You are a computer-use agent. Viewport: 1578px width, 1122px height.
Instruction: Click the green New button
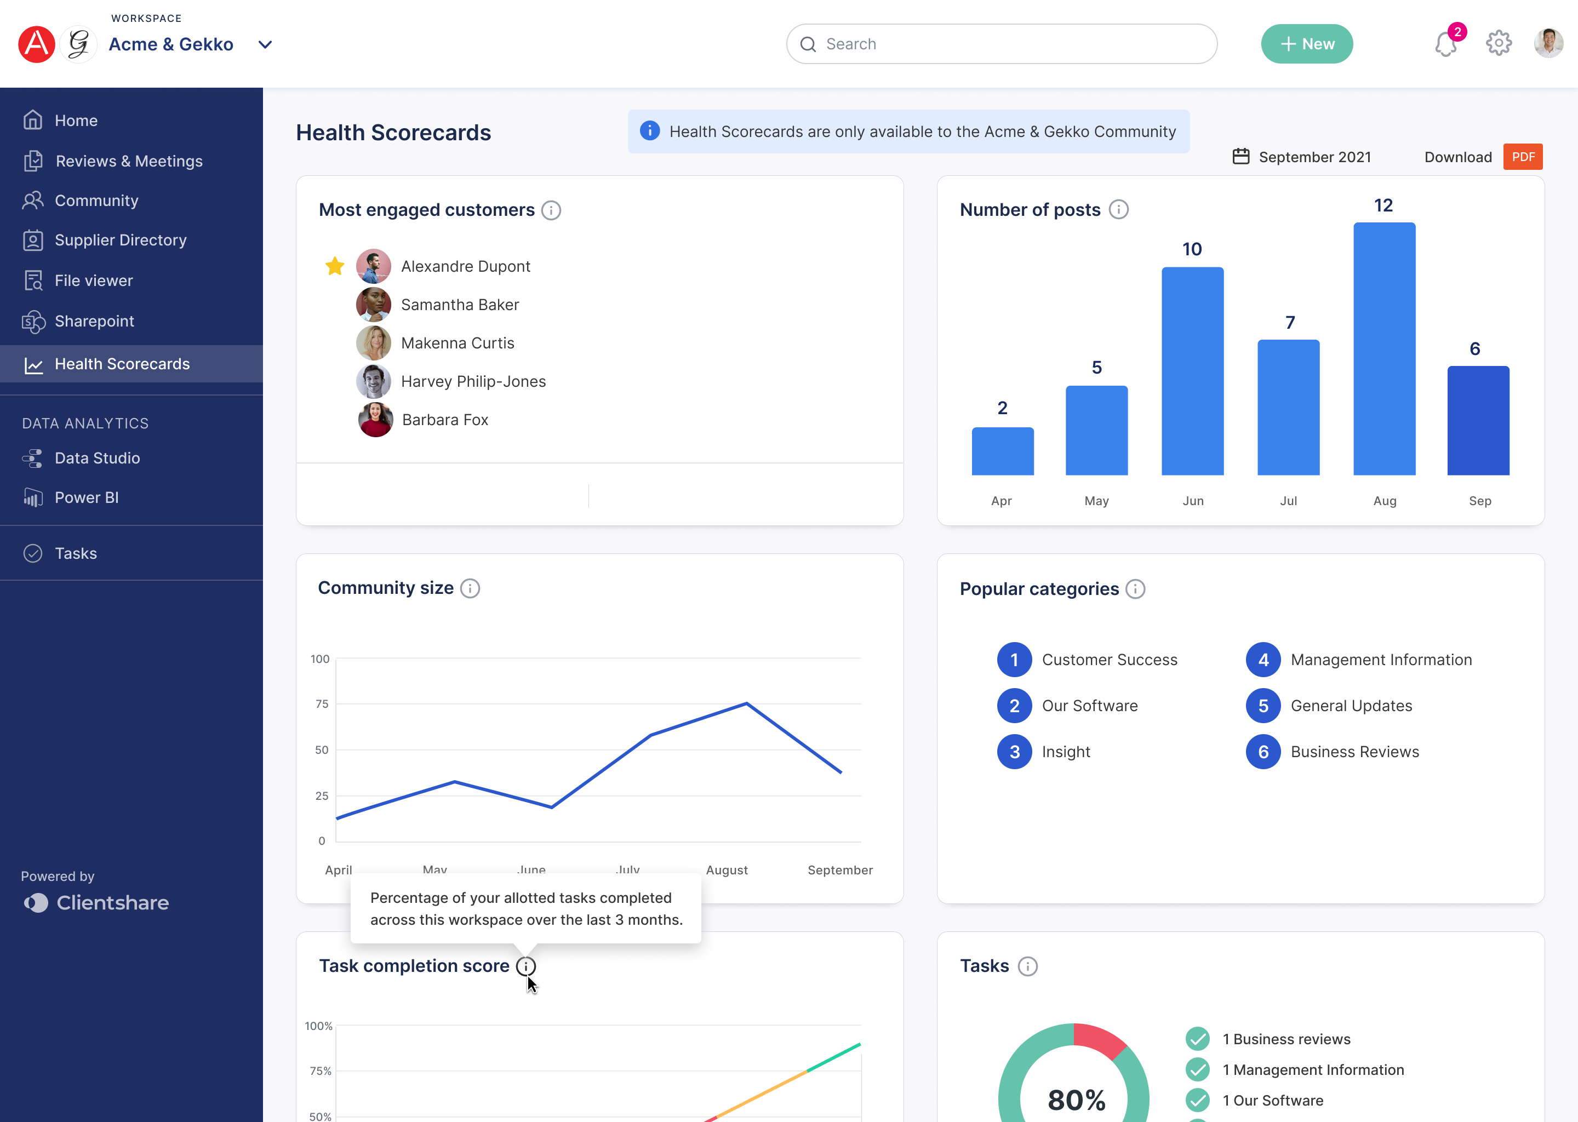pyautogui.click(x=1306, y=44)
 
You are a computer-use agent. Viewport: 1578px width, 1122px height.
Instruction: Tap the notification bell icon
pyautogui.click(x=1445, y=45)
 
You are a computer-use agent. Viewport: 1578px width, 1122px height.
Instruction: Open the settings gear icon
pyautogui.click(x=1498, y=43)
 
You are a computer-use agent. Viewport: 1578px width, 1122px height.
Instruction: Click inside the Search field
pyautogui.click(x=1002, y=44)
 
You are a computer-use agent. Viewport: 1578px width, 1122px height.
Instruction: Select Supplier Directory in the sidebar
pyautogui.click(x=120, y=241)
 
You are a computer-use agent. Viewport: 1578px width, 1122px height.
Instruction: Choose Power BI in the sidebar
pyautogui.click(x=87, y=497)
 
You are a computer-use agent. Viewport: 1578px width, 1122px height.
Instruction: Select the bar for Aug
pyautogui.click(x=1384, y=349)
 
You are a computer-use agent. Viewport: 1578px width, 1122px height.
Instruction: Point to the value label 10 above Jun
pyautogui.click(x=1192, y=249)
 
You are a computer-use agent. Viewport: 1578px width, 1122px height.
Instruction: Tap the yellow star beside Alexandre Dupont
pyautogui.click(x=334, y=266)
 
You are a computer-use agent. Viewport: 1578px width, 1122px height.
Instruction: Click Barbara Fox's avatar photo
pyautogui.click(x=375, y=420)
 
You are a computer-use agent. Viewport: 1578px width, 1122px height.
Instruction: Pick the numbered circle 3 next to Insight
pyautogui.click(x=1014, y=752)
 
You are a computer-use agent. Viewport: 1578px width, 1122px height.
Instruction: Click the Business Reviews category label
pyautogui.click(x=1354, y=752)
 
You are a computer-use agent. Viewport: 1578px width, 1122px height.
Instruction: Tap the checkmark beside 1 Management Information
pyautogui.click(x=1197, y=1069)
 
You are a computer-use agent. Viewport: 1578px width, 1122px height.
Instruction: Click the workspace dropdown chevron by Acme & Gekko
pyautogui.click(x=265, y=45)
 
